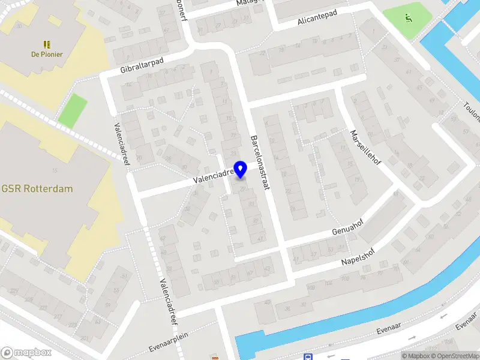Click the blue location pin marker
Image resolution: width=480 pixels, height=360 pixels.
pyautogui.click(x=241, y=169)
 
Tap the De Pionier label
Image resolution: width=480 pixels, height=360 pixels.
pyautogui.click(x=47, y=54)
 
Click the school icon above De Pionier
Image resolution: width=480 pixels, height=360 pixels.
pyautogui.click(x=47, y=44)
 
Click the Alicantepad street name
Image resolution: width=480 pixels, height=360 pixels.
pyautogui.click(x=317, y=17)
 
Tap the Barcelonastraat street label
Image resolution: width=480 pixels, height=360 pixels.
pyautogui.click(x=261, y=162)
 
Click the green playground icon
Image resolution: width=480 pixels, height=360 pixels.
pyautogui.click(x=409, y=18)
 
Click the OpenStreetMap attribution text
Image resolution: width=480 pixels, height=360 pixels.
pyautogui.click(x=457, y=356)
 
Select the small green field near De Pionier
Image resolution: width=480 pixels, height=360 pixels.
pyautogui.click(x=72, y=110)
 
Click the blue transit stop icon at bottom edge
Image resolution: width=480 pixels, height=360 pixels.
pyautogui.click(x=308, y=357)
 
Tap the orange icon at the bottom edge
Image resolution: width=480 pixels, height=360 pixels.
pyautogui.click(x=215, y=358)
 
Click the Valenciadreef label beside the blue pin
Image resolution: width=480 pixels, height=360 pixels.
pyautogui.click(x=214, y=175)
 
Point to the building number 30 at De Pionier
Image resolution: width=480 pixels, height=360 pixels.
pyautogui.click(x=20, y=26)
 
